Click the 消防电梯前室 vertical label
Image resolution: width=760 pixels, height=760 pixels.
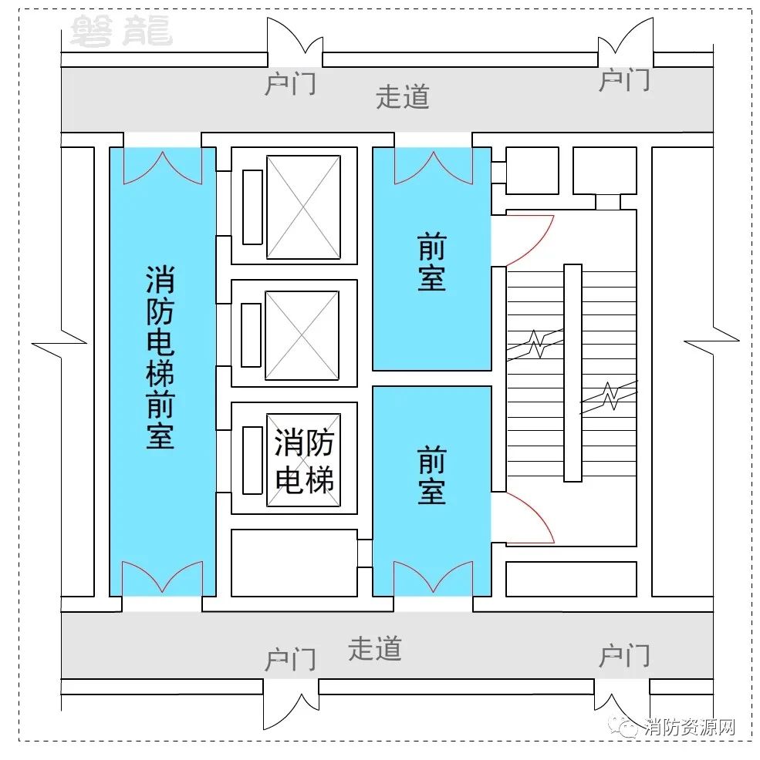pyautogui.click(x=160, y=357)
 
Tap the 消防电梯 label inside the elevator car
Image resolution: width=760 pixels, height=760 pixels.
pyautogui.click(x=304, y=461)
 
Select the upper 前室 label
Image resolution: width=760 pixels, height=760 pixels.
pyautogui.click(x=431, y=262)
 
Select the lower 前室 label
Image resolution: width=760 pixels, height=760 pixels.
pyautogui.click(x=431, y=476)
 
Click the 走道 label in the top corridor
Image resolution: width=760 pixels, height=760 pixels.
pyautogui.click(x=403, y=96)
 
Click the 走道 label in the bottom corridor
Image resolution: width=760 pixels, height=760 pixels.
pyautogui.click(x=375, y=648)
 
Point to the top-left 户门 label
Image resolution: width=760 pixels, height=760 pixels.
pyautogui.click(x=290, y=83)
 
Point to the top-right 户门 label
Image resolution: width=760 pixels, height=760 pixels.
pyautogui.click(x=625, y=80)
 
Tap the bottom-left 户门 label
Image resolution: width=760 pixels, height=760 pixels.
pyautogui.click(x=290, y=659)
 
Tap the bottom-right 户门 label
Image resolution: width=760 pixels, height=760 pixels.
pyautogui.click(x=625, y=655)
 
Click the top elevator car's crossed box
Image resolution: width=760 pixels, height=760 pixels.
pyautogui.click(x=303, y=207)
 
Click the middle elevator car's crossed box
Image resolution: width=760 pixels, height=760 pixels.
pyautogui.click(x=302, y=335)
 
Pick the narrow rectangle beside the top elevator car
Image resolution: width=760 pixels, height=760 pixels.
pyautogui.click(x=252, y=207)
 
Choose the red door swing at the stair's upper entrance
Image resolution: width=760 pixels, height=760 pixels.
pyautogui.click(x=530, y=241)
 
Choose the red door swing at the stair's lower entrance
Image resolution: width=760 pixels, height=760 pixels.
pyautogui.click(x=530, y=517)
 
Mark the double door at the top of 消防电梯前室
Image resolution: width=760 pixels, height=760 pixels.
pyautogui.click(x=163, y=167)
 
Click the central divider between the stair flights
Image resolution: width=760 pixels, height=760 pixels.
pyautogui.click(x=573, y=373)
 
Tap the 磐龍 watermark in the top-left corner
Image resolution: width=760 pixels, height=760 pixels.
pyautogui.click(x=121, y=31)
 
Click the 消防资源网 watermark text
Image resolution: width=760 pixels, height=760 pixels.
pyautogui.click(x=690, y=727)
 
